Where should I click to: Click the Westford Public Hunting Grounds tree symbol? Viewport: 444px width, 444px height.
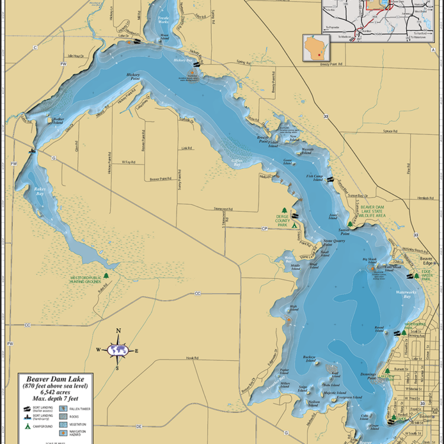point(107,275)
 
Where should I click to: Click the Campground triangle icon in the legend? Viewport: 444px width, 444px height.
point(27,426)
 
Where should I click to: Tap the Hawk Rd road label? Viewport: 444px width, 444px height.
point(191,358)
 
